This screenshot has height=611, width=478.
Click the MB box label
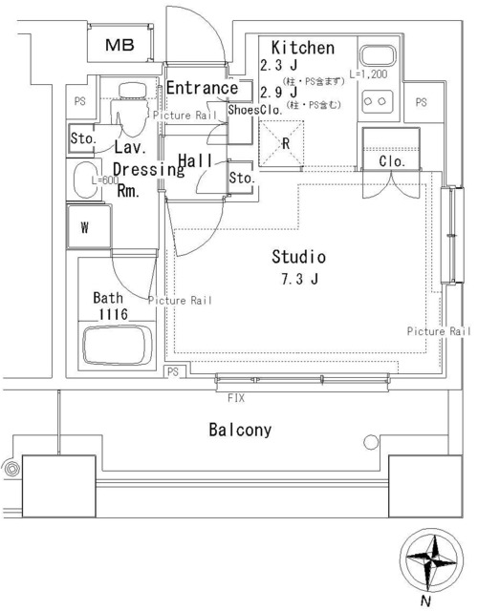[x=119, y=45]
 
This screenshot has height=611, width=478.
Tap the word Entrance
[x=201, y=89]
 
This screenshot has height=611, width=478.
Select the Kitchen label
[x=302, y=48]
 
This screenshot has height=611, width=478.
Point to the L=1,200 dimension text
[x=368, y=74]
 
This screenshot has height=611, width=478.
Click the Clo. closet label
[x=392, y=161]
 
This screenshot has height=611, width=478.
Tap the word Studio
[x=299, y=257]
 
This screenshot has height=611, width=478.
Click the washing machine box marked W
[x=86, y=228]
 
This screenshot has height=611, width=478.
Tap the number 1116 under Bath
[x=111, y=314]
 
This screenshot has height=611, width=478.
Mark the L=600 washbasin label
[x=106, y=180]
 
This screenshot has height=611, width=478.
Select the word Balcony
[x=240, y=430]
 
